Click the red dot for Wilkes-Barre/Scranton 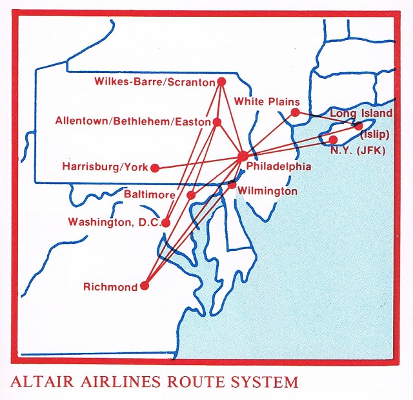point(221,82)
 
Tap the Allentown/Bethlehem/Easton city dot point(217,121)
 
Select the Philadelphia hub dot point(243,155)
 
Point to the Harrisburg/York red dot point(155,168)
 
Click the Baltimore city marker point(191,195)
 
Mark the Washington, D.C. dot point(166,223)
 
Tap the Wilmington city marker point(232,185)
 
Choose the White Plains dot point(295,113)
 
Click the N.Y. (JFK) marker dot point(333,139)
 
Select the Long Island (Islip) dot point(359,126)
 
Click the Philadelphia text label point(279,166)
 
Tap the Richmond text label point(110,287)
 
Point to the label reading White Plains point(267,101)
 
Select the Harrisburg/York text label point(104,167)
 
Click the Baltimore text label point(152,193)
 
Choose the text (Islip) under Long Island point(374,135)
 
